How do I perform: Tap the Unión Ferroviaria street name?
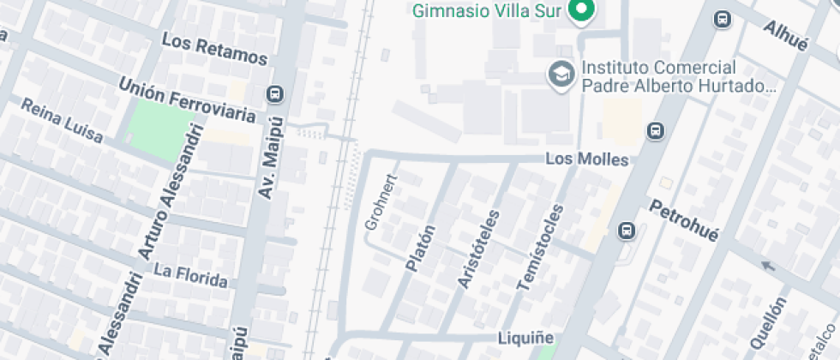point(188,100)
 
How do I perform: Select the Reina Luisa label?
point(62,121)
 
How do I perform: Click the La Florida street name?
point(190,275)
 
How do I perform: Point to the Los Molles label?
point(587,159)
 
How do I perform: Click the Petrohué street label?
point(683,220)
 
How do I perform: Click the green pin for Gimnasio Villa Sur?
point(583,11)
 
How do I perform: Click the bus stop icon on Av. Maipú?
point(276,94)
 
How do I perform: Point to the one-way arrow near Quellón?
point(770,267)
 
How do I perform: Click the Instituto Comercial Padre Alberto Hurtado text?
point(677,77)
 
